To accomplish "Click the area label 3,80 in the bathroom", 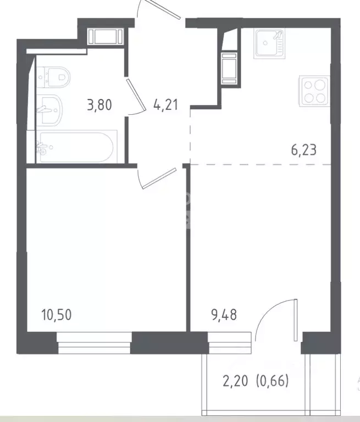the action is tap(99, 105).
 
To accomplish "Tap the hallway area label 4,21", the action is tap(165, 105).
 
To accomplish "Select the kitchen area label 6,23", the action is tap(304, 150).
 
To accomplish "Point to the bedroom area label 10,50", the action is tap(57, 315).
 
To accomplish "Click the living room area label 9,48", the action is tap(224, 315).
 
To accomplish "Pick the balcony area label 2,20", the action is tap(235, 381).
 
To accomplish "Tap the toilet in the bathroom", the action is tap(53, 77).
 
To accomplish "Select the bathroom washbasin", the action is tap(49, 110).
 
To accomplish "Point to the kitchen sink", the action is tap(269, 43).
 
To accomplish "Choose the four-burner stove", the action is tap(314, 91).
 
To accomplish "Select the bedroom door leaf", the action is tap(159, 179).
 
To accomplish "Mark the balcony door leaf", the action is tap(296, 320).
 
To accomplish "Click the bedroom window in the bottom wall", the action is tap(94, 343).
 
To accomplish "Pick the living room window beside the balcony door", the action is tap(230, 343).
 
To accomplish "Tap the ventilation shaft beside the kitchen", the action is tap(229, 68).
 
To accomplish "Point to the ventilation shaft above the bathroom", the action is tap(106, 37).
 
